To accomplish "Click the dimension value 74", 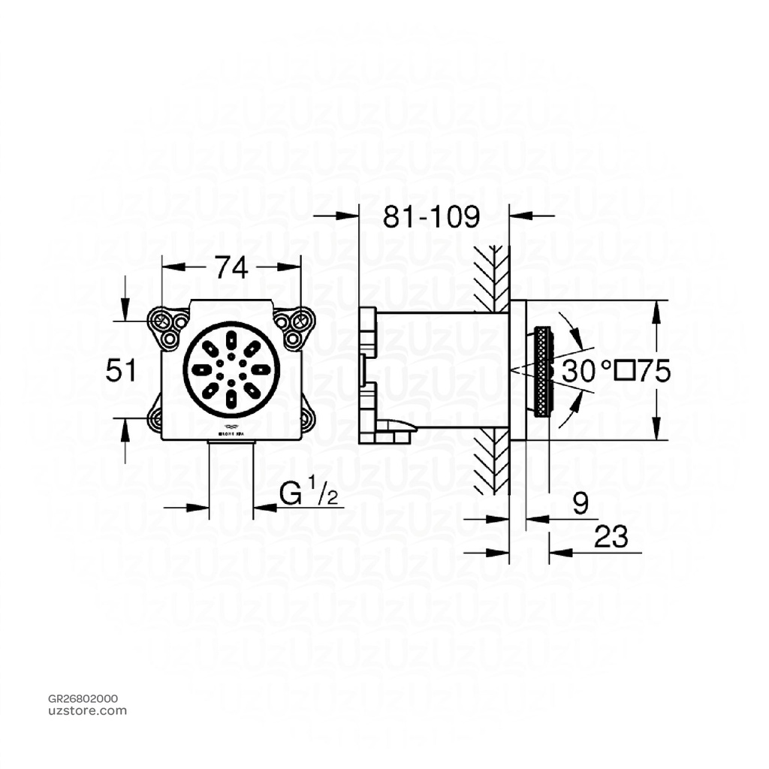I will tap(231, 267).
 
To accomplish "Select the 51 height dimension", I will tap(121, 370).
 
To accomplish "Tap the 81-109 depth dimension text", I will tap(431, 217).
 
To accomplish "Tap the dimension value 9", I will tap(580, 504).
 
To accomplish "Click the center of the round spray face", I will tap(231, 369).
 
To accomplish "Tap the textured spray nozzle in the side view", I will tap(542, 371).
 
